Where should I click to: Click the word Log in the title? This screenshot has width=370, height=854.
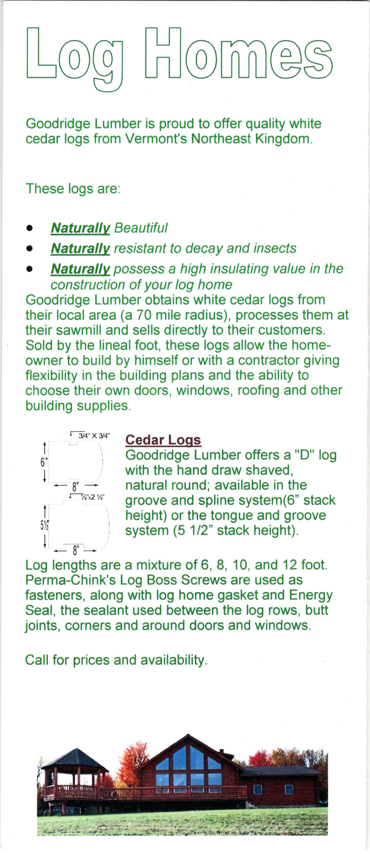coord(74,55)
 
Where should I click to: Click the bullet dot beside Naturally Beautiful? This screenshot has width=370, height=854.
coord(31,228)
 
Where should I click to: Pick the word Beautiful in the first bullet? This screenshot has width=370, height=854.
coord(141,228)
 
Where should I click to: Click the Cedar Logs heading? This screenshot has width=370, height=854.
coord(163,440)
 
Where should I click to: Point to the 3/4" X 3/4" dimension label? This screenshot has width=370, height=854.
coord(94,435)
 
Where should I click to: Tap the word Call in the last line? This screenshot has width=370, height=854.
coord(37,660)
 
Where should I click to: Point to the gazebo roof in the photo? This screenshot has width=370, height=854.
coord(74,759)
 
